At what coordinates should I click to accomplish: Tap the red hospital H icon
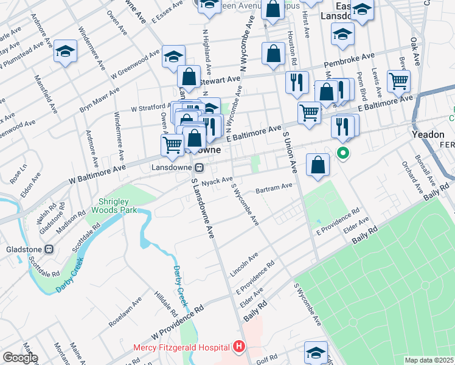click(x=239, y=347)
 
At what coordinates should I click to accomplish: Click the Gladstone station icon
click(x=50, y=249)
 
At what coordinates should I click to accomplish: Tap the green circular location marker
click(x=343, y=153)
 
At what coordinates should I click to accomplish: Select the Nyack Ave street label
click(x=218, y=181)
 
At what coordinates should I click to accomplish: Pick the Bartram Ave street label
click(x=274, y=188)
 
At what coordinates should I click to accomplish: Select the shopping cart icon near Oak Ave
click(x=398, y=80)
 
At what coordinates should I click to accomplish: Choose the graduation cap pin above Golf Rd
click(x=316, y=352)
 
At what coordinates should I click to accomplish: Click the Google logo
click(x=19, y=358)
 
